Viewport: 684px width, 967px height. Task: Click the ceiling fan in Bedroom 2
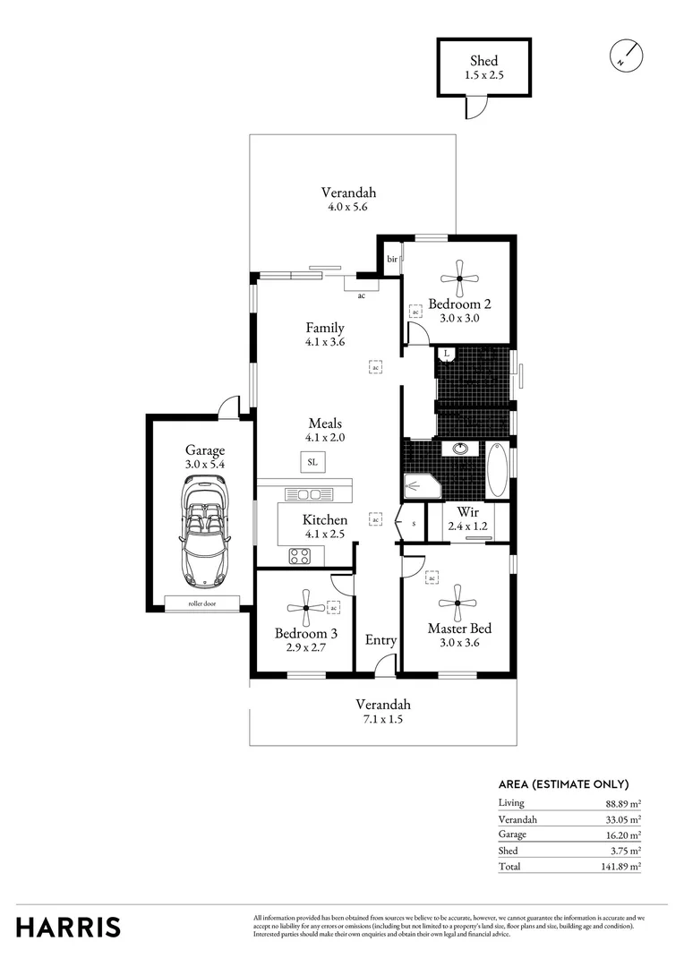458,278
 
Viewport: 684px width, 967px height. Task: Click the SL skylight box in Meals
312,463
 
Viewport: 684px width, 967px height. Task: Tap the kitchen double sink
310,494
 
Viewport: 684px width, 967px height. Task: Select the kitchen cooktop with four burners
300,555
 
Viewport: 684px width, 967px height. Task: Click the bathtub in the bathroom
497,469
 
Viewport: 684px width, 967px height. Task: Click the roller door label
202,603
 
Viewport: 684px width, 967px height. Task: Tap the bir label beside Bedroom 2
391,259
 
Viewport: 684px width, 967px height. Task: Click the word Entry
380,640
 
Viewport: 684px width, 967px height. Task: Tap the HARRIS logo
68,927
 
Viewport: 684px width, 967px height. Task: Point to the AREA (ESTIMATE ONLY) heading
563,784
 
